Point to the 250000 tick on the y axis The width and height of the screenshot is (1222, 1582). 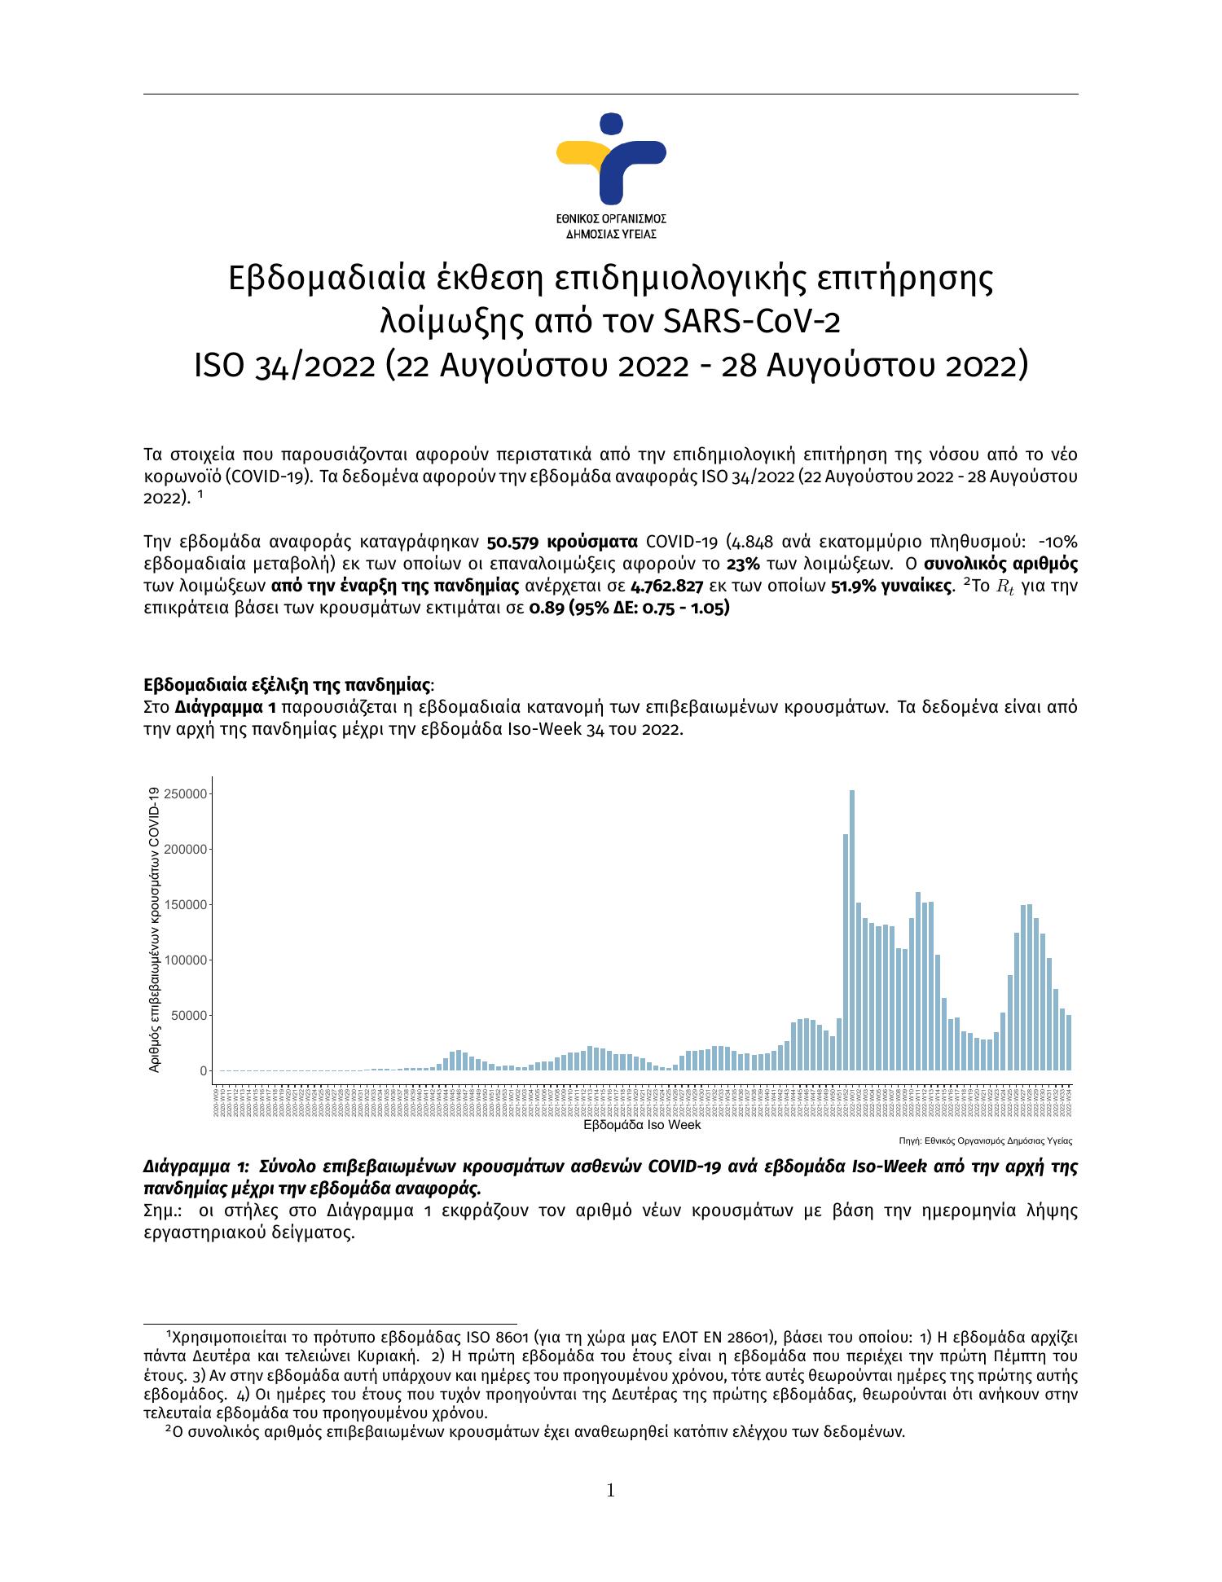(x=186, y=793)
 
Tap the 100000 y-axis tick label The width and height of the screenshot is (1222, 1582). (x=186, y=960)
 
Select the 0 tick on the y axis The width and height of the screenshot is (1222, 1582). (x=203, y=1071)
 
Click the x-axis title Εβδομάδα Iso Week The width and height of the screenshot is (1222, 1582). (x=643, y=1125)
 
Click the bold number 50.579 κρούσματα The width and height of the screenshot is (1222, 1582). (x=561, y=543)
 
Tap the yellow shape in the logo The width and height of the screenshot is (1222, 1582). (x=584, y=155)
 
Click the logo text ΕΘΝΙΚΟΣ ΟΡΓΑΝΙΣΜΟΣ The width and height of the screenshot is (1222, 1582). (x=611, y=219)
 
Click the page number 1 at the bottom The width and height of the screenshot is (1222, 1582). (x=610, y=1492)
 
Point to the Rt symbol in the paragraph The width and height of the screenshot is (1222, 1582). (x=1006, y=587)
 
